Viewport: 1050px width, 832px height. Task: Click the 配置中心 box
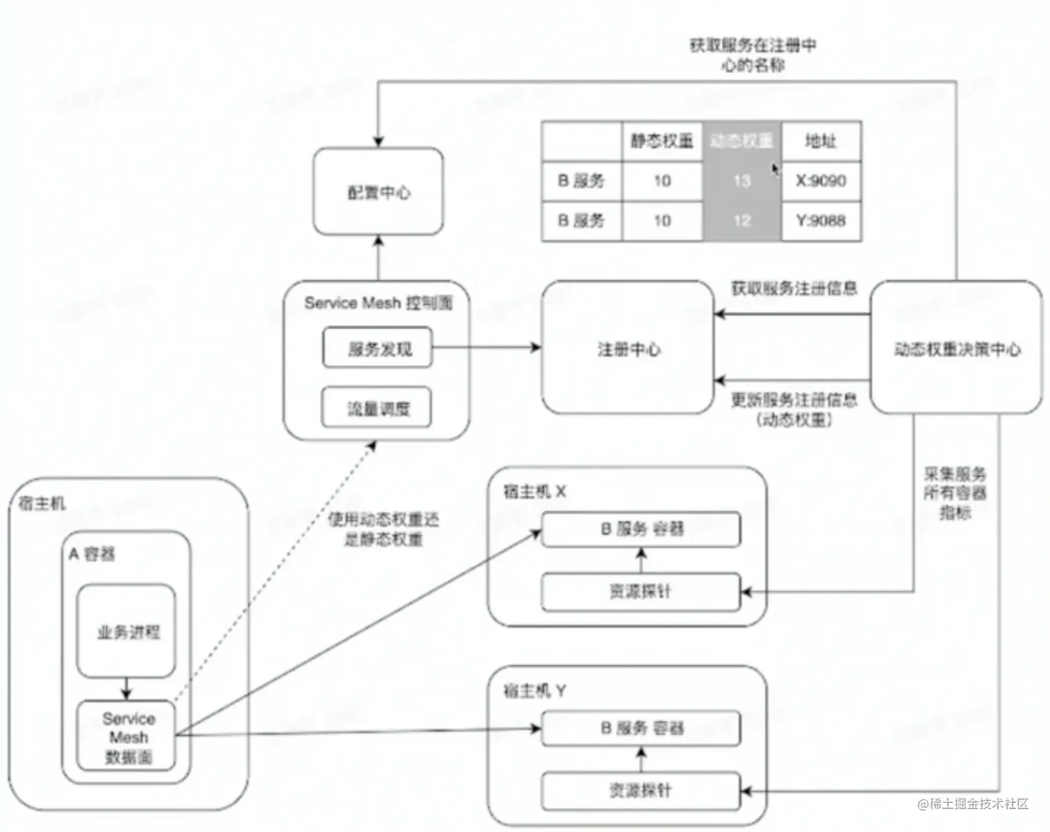coord(378,192)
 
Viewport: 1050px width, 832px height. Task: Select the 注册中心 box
coord(628,348)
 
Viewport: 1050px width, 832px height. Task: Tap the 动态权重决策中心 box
coord(956,348)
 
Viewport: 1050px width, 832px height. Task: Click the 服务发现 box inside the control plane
coord(378,348)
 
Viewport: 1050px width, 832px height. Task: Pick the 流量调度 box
coord(377,408)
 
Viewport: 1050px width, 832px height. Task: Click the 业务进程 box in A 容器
coord(126,631)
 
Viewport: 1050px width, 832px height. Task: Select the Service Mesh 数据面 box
coord(127,736)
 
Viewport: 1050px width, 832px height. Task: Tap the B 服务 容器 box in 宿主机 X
coord(641,529)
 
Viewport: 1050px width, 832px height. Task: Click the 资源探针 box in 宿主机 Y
coord(641,790)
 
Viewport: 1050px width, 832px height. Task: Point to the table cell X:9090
coord(821,181)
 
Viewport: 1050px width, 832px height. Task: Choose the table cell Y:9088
coord(821,221)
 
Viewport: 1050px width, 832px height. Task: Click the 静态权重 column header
coord(662,141)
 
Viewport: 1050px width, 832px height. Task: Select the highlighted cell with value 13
coord(742,181)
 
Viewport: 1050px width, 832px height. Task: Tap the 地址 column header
coord(821,141)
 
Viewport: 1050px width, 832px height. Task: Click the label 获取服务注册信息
coord(794,288)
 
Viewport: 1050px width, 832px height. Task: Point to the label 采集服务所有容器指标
coord(955,493)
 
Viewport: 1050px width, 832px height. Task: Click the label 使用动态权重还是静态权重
coord(383,529)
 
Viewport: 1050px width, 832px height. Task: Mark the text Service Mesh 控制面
coord(378,303)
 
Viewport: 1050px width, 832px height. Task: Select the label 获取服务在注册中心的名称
coord(753,55)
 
